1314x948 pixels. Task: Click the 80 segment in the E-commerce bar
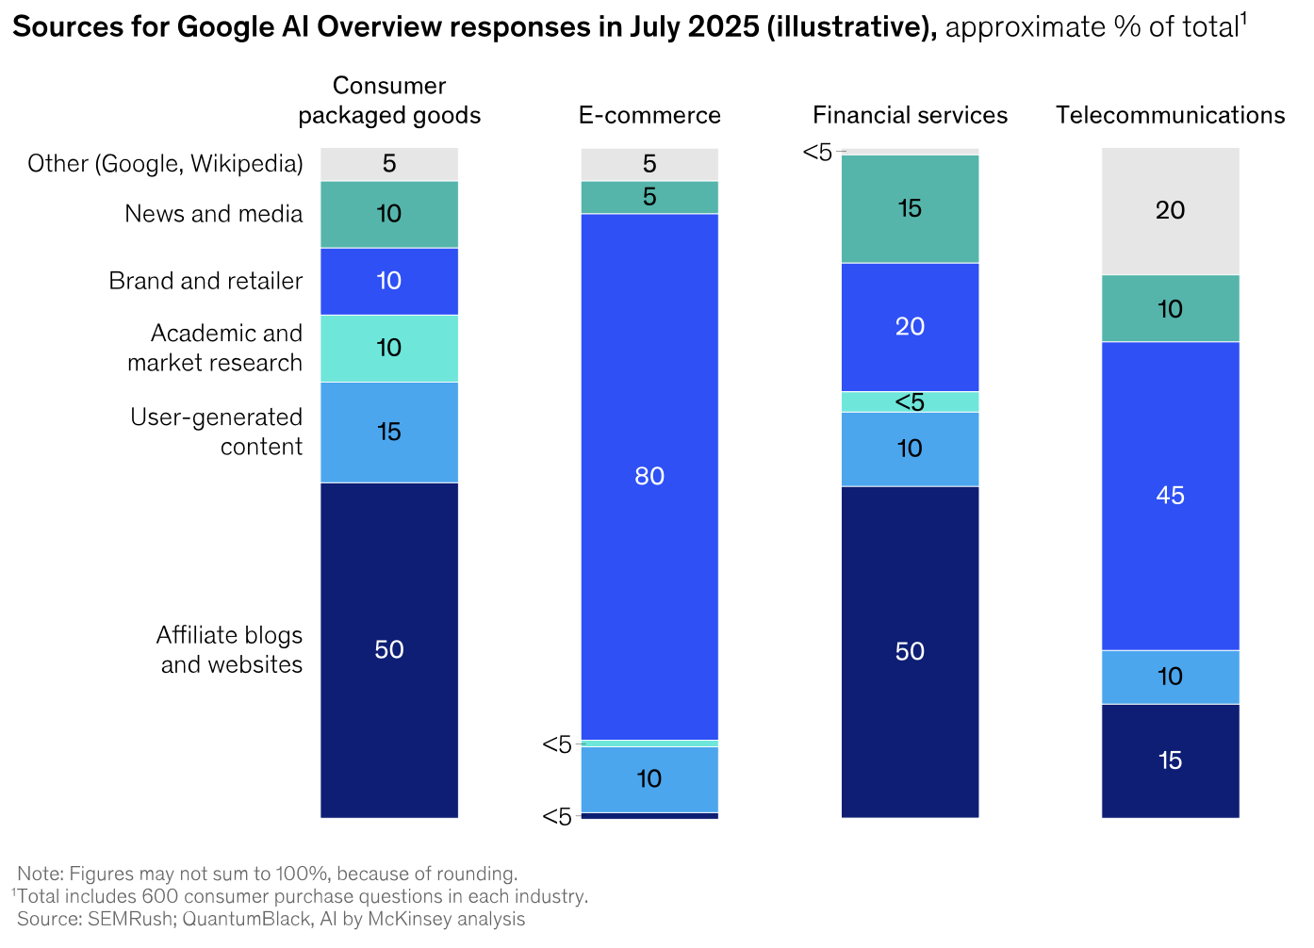tap(649, 476)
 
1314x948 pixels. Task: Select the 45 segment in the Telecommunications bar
tap(1170, 496)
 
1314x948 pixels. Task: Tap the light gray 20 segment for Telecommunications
tap(1170, 210)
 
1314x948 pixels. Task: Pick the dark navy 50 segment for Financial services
tap(910, 651)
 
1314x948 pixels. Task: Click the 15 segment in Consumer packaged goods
tap(389, 432)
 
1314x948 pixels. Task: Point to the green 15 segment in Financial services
tap(910, 208)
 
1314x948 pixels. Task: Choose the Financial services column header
tap(910, 115)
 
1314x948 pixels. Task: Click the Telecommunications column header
tap(1170, 115)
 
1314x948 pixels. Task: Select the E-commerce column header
tap(649, 115)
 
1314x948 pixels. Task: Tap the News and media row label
tap(214, 214)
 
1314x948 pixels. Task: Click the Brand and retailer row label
tap(205, 281)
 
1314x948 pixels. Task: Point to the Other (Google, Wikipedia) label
tap(165, 164)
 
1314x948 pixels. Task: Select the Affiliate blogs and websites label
tap(230, 649)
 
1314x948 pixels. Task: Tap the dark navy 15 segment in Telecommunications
tap(1170, 760)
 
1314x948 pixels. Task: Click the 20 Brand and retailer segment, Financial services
tap(910, 326)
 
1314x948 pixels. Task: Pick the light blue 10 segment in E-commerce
tap(649, 778)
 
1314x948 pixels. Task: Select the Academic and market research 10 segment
tap(389, 348)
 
